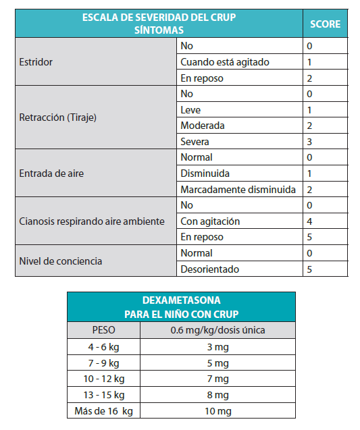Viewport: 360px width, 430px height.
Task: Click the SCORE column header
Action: pos(325,25)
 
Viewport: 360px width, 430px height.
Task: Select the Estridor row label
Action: pos(37,62)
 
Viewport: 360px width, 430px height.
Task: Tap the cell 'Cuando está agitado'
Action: pos(225,62)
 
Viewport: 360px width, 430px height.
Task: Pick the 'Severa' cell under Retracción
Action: pos(195,142)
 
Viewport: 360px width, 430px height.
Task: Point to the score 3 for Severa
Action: pos(309,142)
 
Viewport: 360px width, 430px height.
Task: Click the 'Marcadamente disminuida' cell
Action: pos(238,190)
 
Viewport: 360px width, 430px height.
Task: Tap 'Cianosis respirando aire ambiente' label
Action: pos(93,221)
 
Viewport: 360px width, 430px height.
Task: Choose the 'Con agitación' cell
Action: pos(211,221)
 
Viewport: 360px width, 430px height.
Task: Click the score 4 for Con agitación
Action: pos(309,221)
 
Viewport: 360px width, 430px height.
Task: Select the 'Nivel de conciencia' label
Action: pos(61,261)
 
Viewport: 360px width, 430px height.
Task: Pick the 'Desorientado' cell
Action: pos(209,269)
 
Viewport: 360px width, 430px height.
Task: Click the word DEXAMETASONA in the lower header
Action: pos(181,300)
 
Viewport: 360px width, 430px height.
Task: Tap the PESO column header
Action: pos(103,331)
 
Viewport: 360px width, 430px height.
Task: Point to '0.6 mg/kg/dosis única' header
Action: pos(217,331)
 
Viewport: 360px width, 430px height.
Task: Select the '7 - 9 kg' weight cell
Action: pos(103,362)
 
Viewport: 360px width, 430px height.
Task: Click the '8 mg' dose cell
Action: pos(217,395)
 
